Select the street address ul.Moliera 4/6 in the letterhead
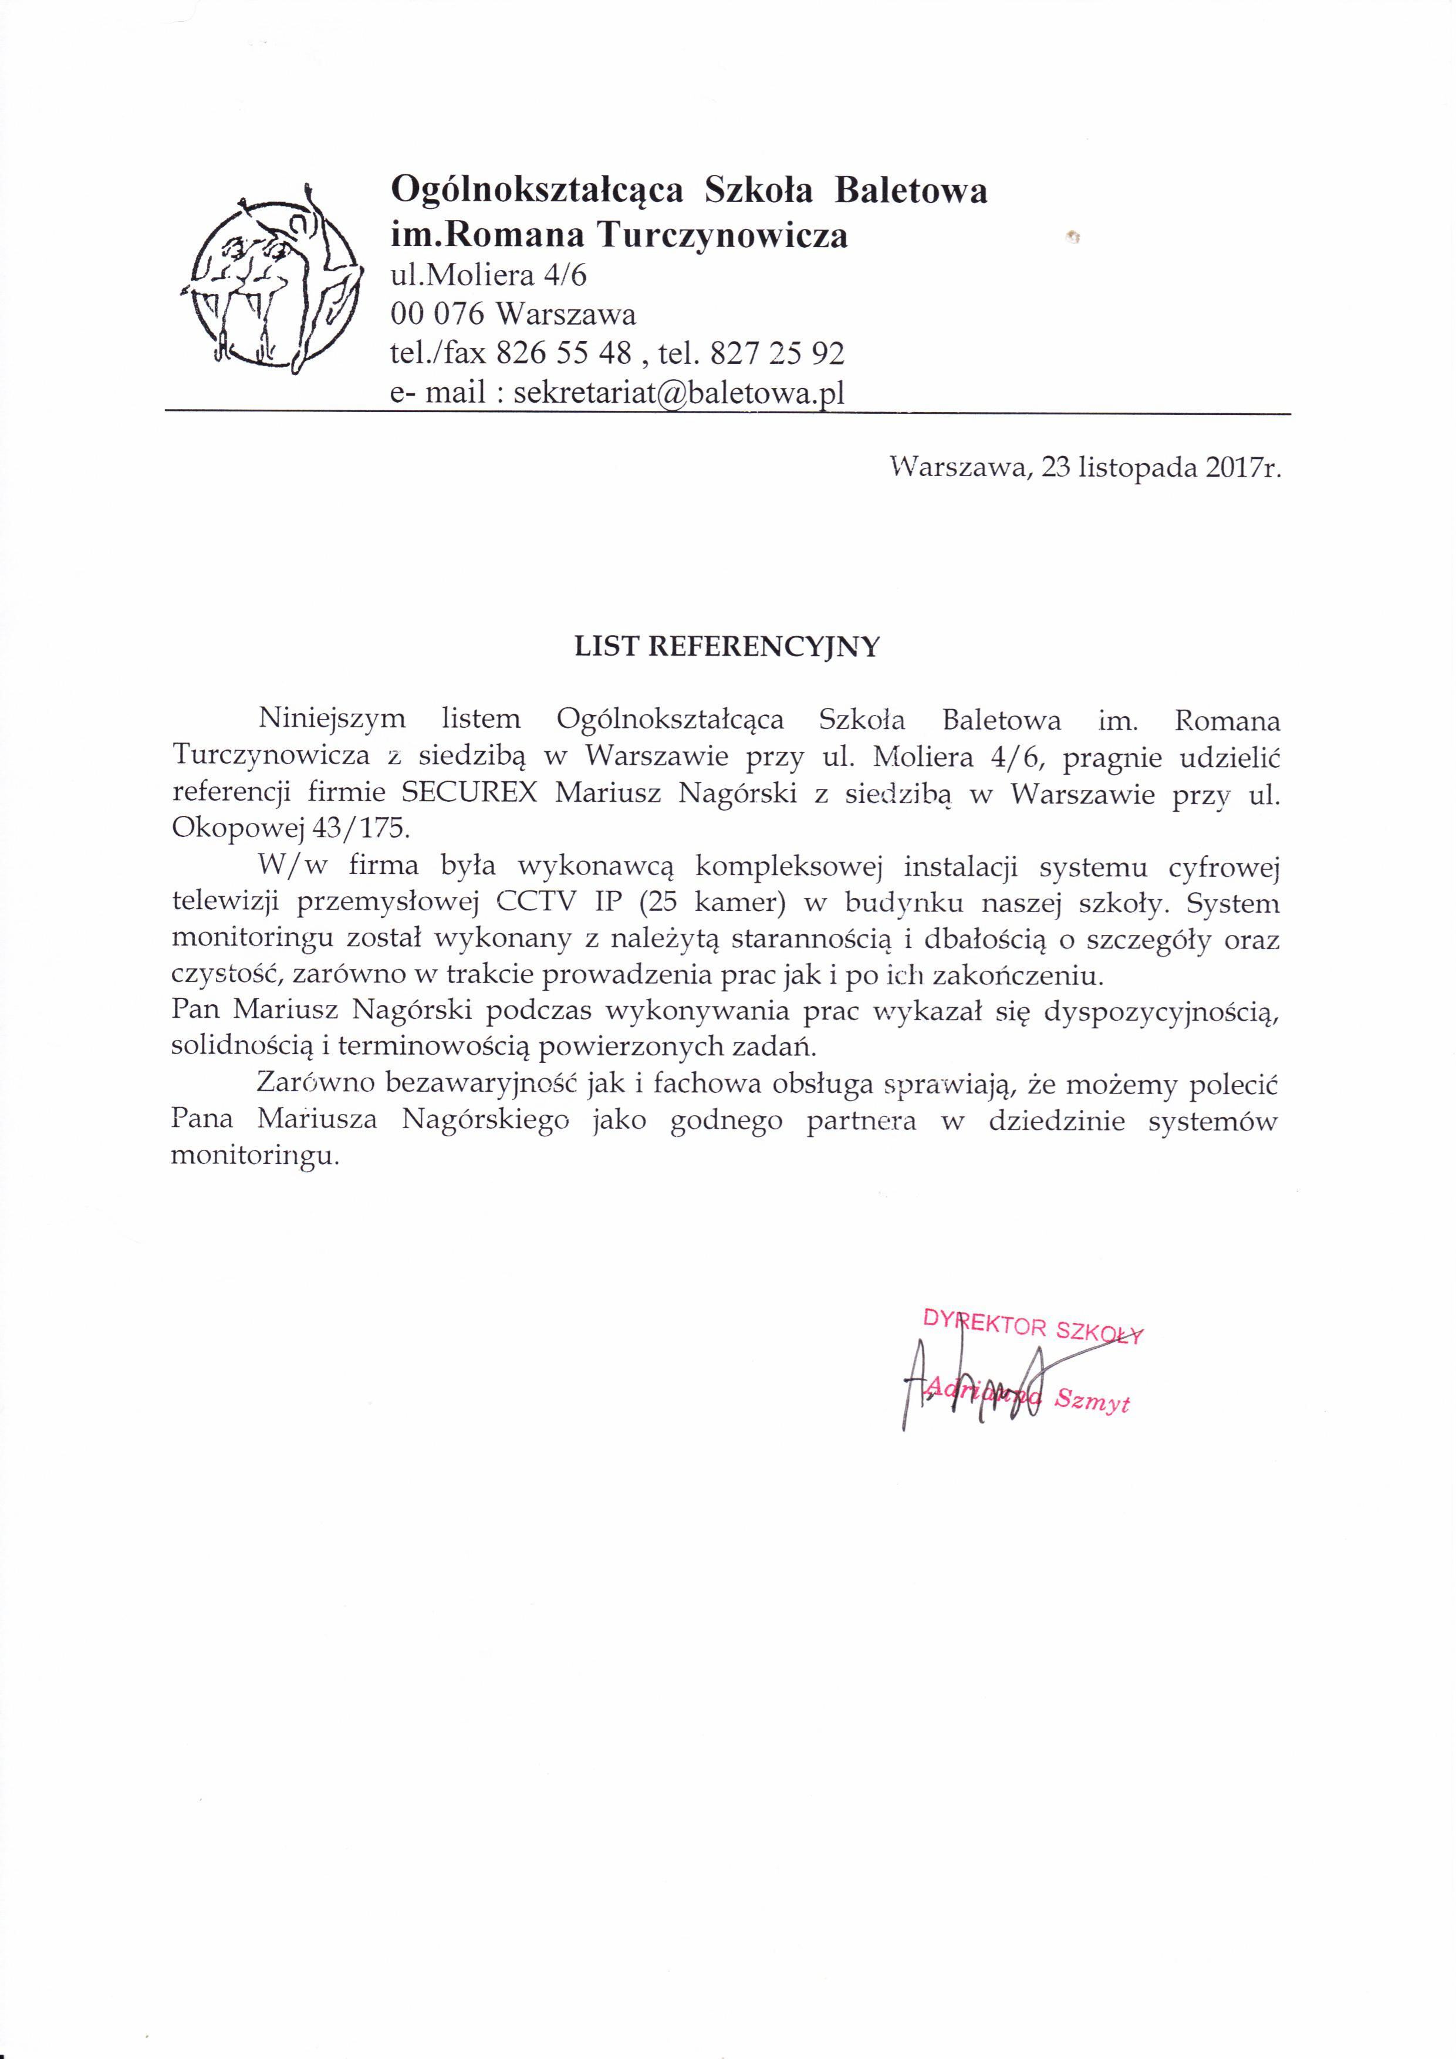[x=489, y=275]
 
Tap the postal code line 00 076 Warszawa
[x=514, y=314]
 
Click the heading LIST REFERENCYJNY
[x=727, y=647]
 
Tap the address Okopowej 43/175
[x=289, y=828]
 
